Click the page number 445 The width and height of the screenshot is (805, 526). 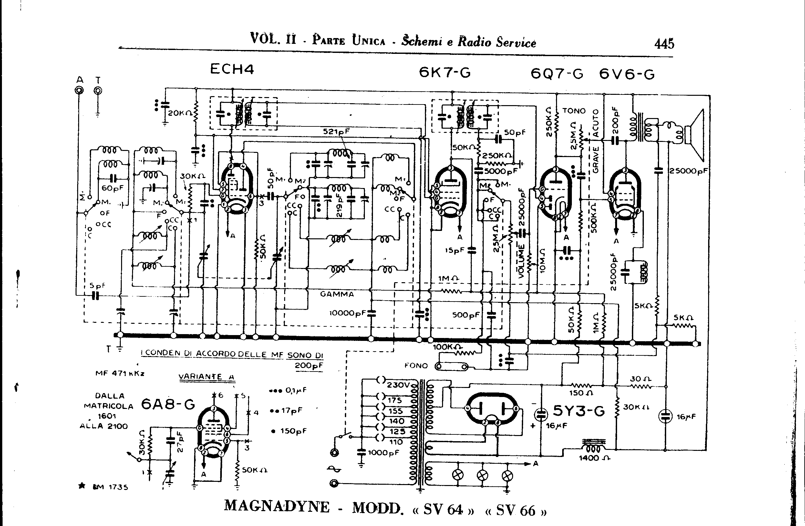[664, 44]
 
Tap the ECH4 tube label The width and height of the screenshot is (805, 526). [232, 69]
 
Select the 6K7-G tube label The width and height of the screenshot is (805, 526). [444, 72]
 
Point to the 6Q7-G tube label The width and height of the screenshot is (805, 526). [557, 74]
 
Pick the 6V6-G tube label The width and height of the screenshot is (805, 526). [627, 74]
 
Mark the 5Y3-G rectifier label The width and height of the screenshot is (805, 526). [579, 411]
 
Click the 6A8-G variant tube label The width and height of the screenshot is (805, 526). [168, 404]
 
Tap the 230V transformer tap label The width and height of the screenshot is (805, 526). [398, 385]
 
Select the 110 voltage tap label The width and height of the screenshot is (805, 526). [396, 442]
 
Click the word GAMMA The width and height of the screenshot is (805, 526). [337, 294]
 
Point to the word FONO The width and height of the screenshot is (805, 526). [416, 365]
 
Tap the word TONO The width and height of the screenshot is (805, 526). [574, 111]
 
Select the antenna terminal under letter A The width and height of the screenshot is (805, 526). [79, 91]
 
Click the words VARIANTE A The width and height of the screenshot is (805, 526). [206, 377]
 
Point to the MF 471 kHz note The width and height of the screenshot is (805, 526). [120, 374]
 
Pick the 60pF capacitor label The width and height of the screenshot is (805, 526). [113, 188]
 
